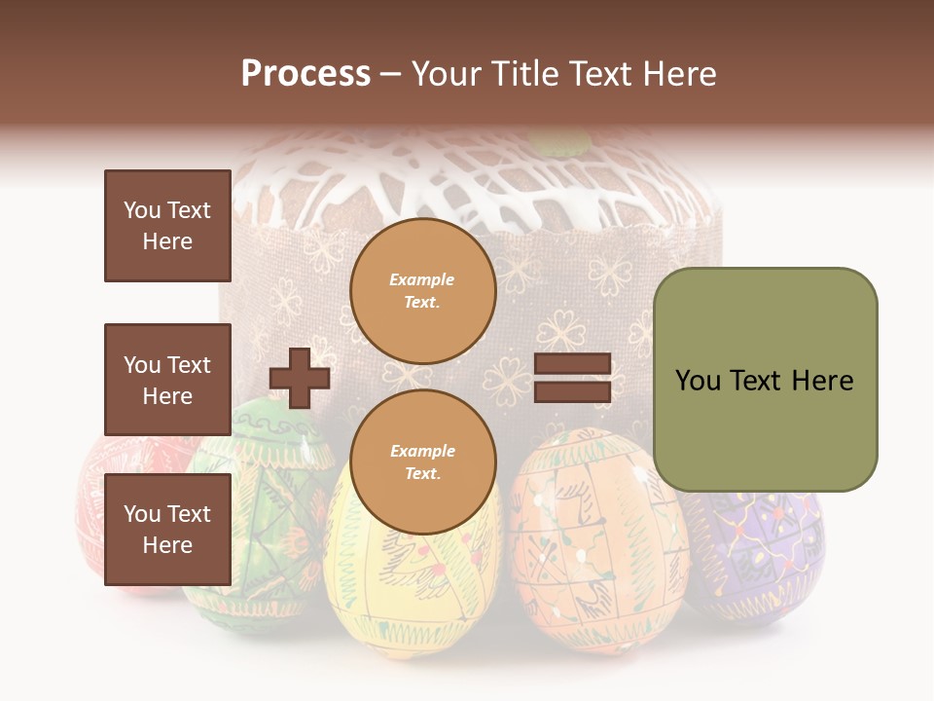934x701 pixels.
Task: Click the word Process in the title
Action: (305, 74)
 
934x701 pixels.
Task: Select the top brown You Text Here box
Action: (167, 226)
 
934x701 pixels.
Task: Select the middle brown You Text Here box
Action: (167, 380)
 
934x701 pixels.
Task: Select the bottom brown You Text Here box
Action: (167, 530)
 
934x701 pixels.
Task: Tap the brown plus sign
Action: (300, 378)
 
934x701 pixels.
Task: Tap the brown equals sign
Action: (572, 379)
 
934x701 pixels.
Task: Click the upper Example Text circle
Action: (422, 290)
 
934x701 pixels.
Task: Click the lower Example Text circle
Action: (422, 461)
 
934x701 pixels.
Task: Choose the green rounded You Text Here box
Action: (765, 380)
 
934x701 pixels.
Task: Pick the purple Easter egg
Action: (754, 555)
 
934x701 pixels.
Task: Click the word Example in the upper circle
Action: (422, 279)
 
